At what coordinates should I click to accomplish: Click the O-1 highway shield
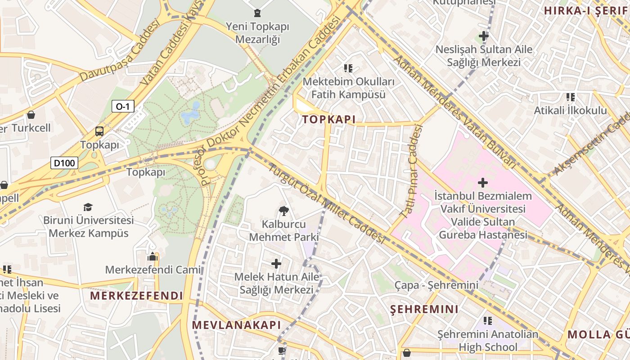(x=123, y=106)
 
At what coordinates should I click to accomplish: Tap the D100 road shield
(x=64, y=163)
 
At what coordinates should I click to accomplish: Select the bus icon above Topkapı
(x=99, y=131)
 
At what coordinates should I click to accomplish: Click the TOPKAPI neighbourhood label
(x=329, y=119)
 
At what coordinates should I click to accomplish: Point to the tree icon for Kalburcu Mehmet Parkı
(x=283, y=210)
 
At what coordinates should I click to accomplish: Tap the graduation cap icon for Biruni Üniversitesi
(x=88, y=207)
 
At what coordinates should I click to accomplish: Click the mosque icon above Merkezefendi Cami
(x=153, y=256)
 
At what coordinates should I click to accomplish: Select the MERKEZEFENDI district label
(x=136, y=296)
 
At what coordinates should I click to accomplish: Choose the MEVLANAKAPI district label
(x=236, y=325)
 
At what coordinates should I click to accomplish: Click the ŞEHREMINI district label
(x=424, y=309)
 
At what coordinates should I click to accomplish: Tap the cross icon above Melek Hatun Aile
(x=276, y=264)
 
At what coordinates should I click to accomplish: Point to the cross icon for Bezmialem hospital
(x=483, y=183)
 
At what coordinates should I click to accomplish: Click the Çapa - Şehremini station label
(x=436, y=285)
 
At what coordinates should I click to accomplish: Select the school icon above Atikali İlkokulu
(x=571, y=97)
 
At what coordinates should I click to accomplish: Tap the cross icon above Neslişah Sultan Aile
(x=484, y=36)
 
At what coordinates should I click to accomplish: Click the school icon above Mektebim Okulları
(x=348, y=68)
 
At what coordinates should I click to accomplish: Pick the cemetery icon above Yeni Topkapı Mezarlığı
(x=257, y=13)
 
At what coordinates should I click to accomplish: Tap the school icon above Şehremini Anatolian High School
(x=488, y=321)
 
